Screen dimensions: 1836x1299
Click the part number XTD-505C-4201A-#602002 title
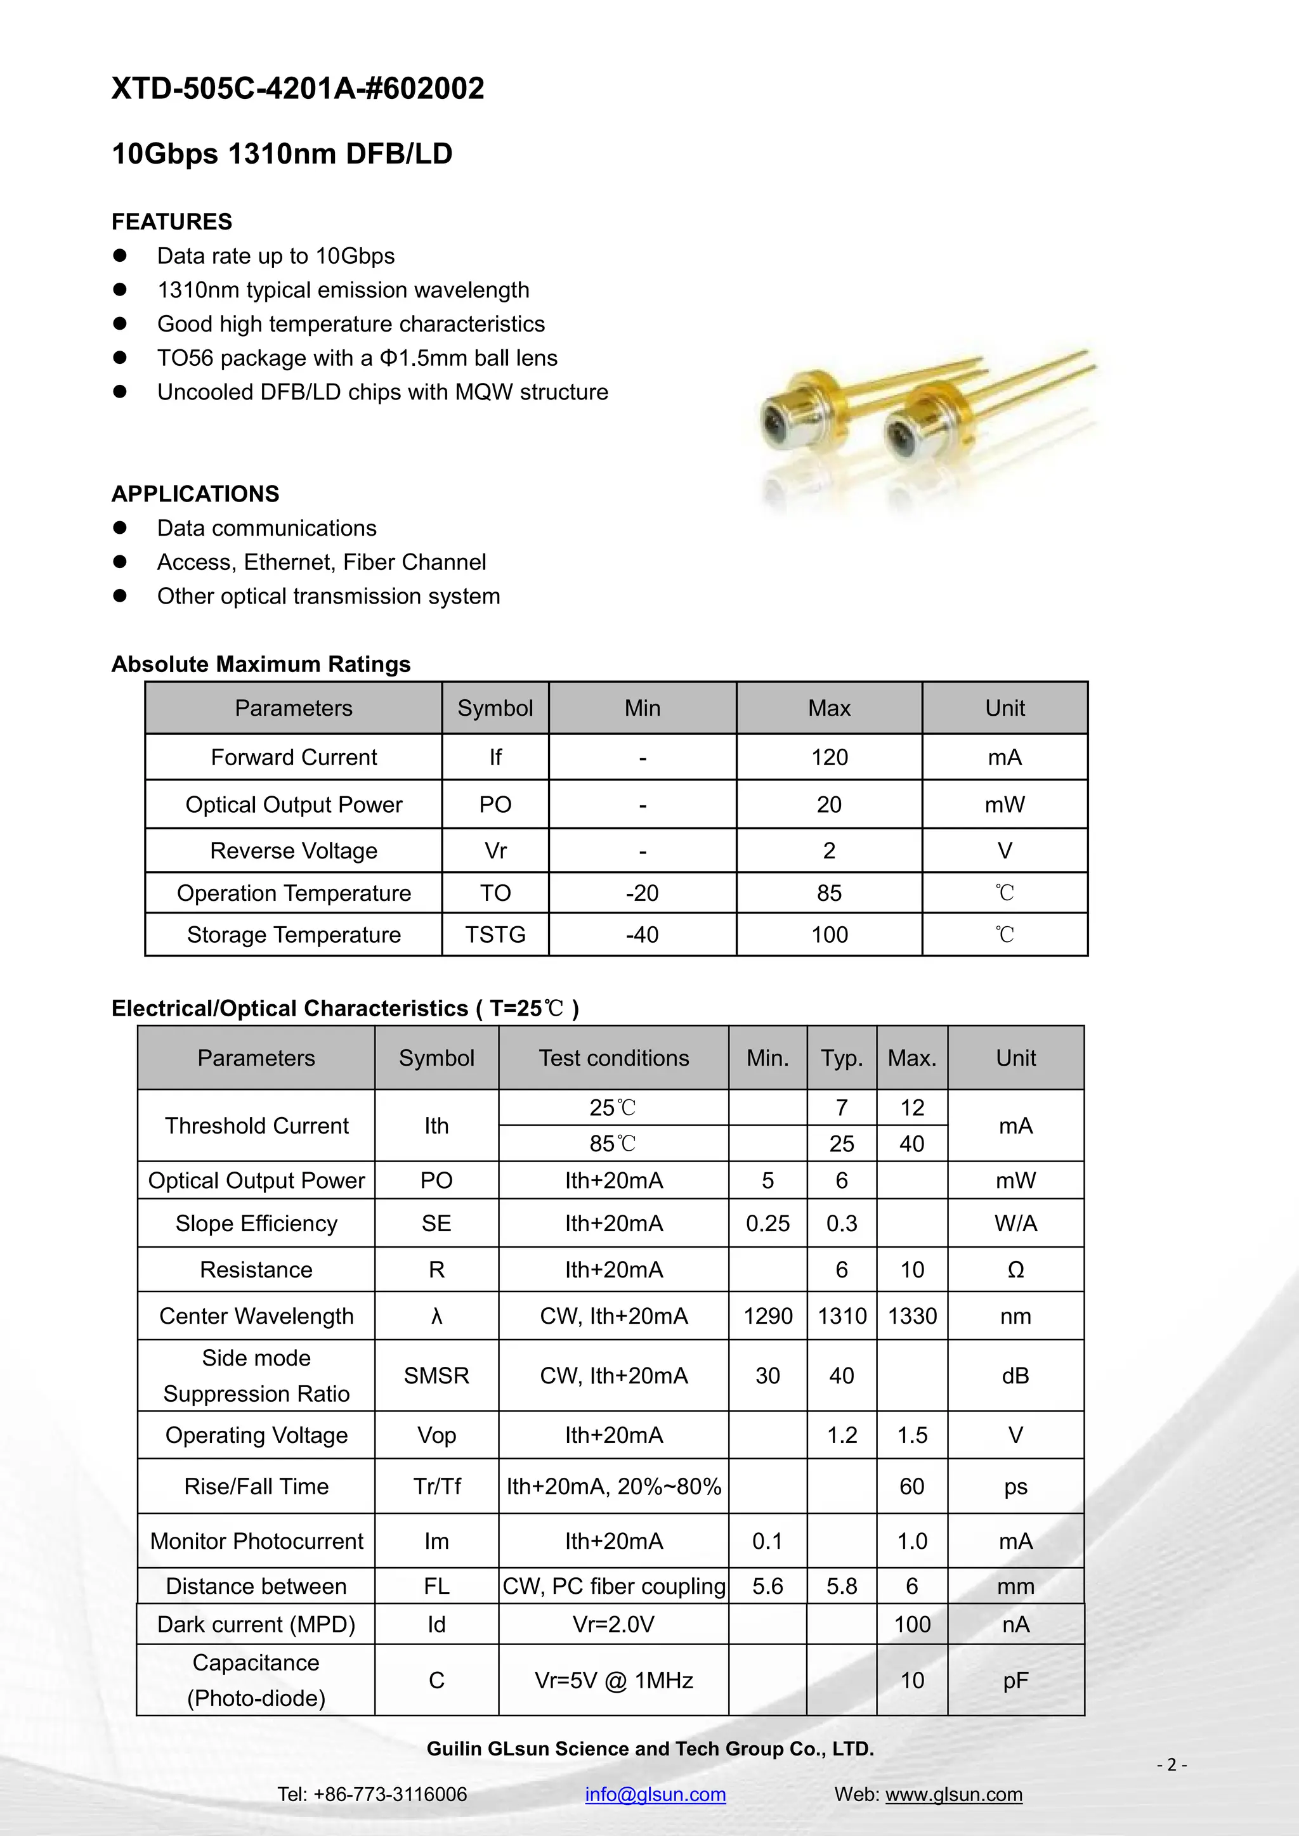297,89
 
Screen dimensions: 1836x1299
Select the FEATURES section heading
172,221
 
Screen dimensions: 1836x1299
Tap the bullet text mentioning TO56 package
356,358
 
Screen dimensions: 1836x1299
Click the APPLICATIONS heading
195,494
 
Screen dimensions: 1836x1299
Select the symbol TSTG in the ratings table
495,934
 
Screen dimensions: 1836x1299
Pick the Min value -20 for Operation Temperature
643,893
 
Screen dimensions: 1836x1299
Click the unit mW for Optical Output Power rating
1005,805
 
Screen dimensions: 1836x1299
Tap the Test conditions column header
613,1058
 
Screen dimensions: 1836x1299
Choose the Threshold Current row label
256,1126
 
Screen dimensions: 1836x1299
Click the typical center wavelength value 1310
842,1316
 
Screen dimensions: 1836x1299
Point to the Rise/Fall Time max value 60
912,1487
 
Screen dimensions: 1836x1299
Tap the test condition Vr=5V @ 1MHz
613,1681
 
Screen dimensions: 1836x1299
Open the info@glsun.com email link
655,1794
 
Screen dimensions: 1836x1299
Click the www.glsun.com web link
953,1794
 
